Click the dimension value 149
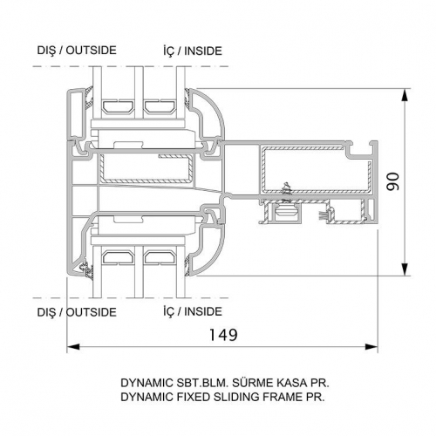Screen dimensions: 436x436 (x=223, y=335)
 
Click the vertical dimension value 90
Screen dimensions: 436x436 (x=393, y=181)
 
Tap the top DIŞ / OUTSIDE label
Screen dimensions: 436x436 (x=77, y=51)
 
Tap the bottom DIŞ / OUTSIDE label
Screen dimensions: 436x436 (x=77, y=312)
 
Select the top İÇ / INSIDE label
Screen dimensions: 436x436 (x=193, y=51)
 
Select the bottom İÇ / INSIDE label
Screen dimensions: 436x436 (x=193, y=311)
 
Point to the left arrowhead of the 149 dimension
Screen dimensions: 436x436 (x=73, y=347)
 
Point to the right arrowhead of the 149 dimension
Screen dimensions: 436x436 (x=371, y=347)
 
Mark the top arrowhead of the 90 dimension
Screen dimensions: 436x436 (x=405, y=94)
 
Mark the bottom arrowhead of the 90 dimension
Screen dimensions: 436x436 (x=405, y=269)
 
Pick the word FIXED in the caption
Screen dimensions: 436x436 (x=193, y=397)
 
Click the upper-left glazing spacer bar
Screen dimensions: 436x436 (x=118, y=106)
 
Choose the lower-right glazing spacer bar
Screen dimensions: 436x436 (x=160, y=258)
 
